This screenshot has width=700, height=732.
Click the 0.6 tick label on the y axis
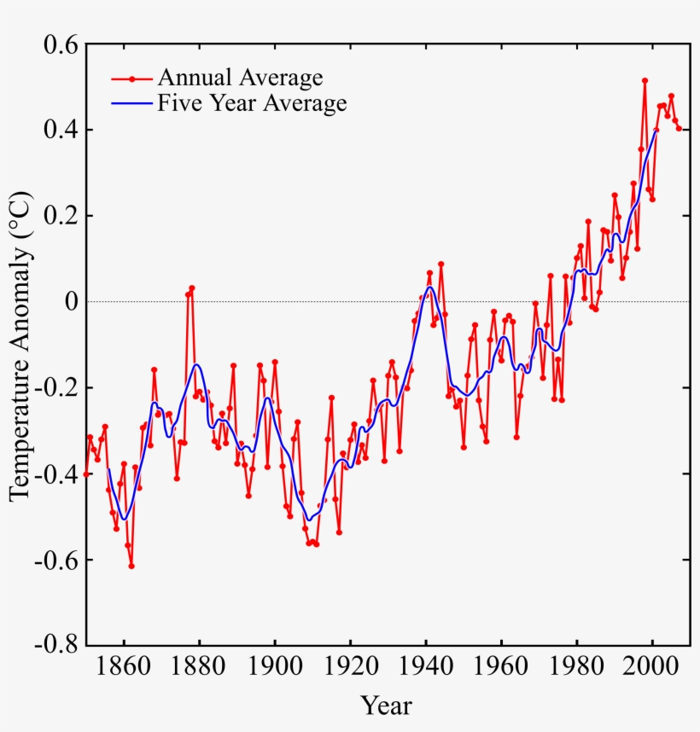(59, 44)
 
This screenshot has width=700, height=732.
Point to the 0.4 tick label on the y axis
(59, 131)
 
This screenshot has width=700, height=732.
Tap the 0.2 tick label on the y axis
(59, 216)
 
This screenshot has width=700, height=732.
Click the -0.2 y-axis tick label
(55, 388)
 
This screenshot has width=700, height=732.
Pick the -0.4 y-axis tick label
(55, 473)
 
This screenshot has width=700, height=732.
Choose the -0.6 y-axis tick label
(55, 560)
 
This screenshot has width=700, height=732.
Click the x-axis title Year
(386, 706)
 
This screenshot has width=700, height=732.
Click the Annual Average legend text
(240, 78)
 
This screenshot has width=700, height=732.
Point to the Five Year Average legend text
(252, 104)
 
